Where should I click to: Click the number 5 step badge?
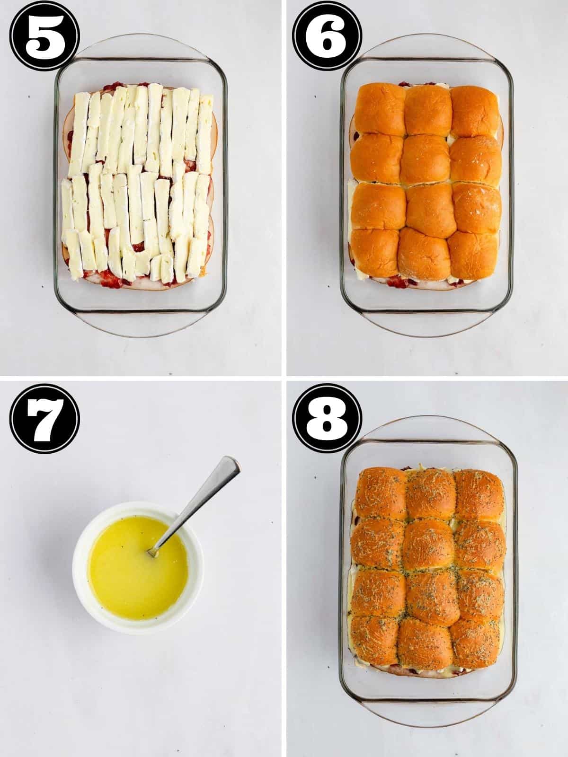click(x=44, y=36)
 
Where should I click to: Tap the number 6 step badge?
click(x=327, y=36)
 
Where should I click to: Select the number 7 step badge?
click(x=44, y=419)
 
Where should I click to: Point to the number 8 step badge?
click(x=327, y=419)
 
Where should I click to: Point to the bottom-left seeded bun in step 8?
click(x=376, y=642)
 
